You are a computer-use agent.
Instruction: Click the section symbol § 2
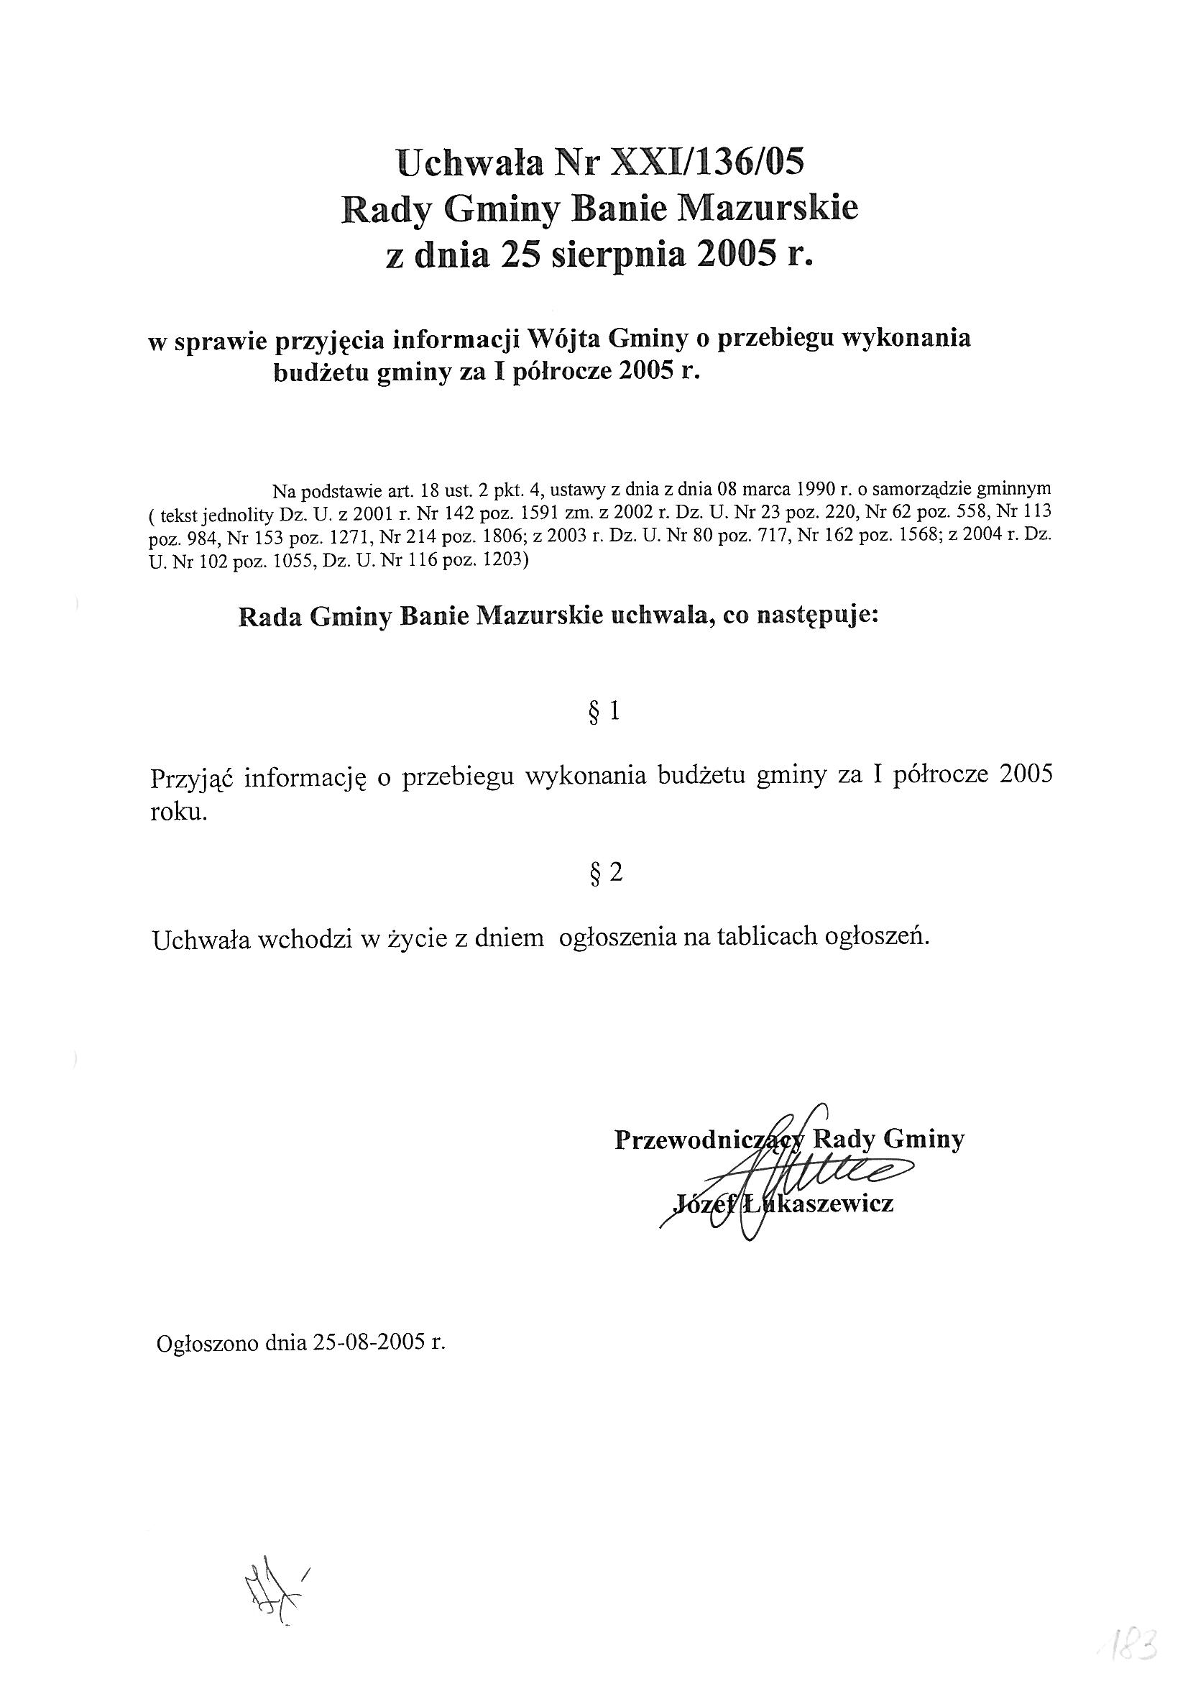[x=605, y=873]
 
